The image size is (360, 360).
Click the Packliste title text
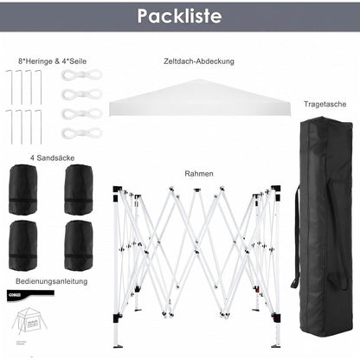point(179,16)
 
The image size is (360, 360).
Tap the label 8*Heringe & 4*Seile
point(52,61)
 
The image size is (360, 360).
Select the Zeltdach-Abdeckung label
point(199,61)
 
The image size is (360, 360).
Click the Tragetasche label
point(325,104)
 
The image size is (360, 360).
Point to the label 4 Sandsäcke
point(53,157)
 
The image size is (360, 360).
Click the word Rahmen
point(199,174)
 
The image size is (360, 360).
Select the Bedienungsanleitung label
point(52,281)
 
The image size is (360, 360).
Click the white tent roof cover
point(200,98)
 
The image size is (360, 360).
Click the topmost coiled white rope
point(82,75)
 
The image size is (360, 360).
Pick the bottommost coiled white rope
point(82,133)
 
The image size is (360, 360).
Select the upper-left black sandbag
point(23,190)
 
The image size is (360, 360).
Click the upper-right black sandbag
point(79,190)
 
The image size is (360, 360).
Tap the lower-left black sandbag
point(23,246)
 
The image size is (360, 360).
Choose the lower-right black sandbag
point(79,246)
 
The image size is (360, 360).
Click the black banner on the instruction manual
point(30,295)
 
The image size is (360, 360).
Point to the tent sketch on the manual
point(29,321)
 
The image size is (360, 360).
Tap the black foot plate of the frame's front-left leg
point(119,346)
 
